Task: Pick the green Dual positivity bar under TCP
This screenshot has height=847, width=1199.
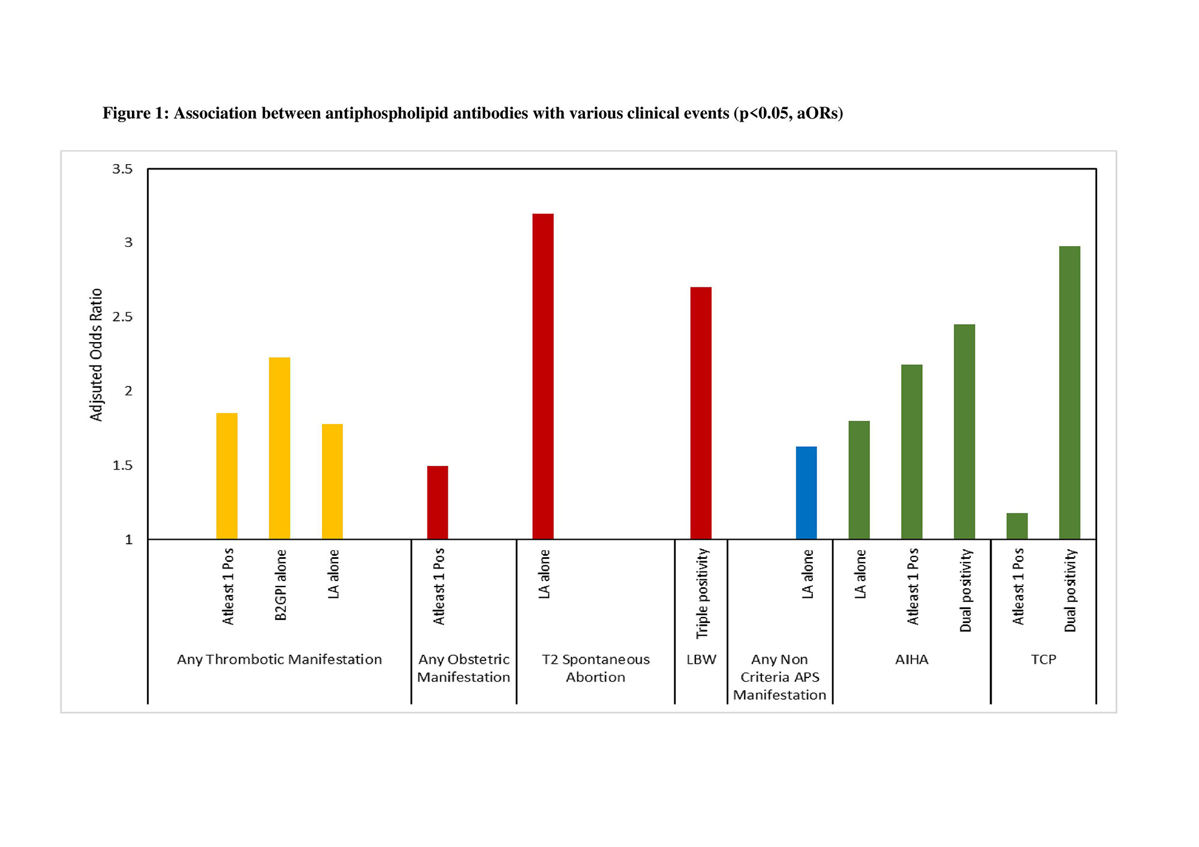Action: (x=1070, y=392)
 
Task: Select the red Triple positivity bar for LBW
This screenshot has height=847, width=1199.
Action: (x=701, y=413)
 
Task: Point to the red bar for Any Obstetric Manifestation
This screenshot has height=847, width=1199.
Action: (x=438, y=503)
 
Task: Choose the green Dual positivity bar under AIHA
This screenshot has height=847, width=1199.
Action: (x=964, y=431)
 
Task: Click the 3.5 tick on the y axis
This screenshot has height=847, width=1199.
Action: (x=122, y=169)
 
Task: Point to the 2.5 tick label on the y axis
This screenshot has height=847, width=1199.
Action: (x=122, y=317)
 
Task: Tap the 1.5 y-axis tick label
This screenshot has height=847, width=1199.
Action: (x=122, y=465)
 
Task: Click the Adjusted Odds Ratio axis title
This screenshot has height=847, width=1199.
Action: (x=96, y=355)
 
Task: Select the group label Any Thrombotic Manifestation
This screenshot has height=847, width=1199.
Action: (x=279, y=659)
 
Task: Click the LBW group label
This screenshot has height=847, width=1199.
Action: (x=701, y=659)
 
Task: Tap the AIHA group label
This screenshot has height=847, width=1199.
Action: (x=911, y=659)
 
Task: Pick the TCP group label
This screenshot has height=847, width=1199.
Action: (x=1043, y=659)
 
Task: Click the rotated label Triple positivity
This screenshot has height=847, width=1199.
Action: (x=702, y=593)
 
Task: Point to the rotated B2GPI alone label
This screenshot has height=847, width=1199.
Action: (x=281, y=585)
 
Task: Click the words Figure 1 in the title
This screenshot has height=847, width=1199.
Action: (x=135, y=113)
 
